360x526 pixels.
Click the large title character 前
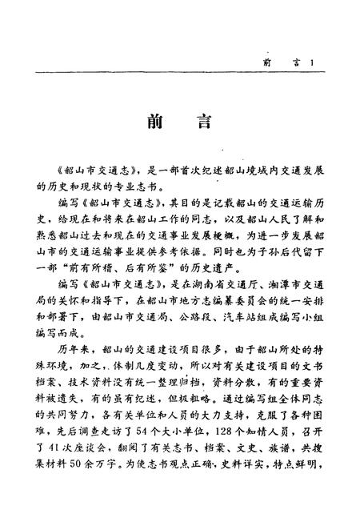coord(155,123)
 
